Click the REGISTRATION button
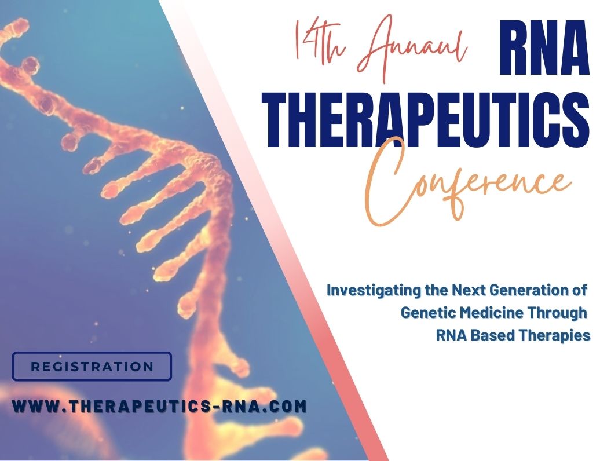tap(92, 367)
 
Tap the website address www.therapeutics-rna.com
tap(159, 407)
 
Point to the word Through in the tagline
tap(558, 313)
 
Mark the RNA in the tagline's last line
tap(451, 335)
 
